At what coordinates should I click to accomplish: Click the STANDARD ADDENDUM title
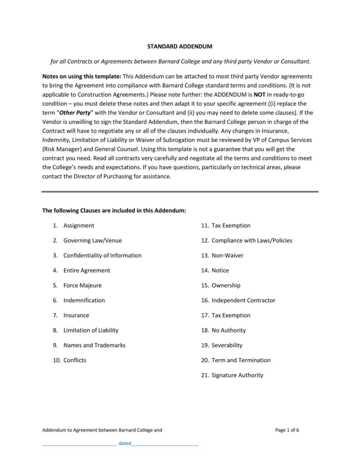pyautogui.click(x=180, y=47)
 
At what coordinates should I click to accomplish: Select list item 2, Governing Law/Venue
pyautogui.click(x=93, y=240)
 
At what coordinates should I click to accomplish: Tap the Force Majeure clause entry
pyautogui.click(x=82, y=285)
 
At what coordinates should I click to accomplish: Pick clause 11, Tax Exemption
pyautogui.click(x=231, y=225)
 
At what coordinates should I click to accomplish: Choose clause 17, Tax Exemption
pyautogui.click(x=231, y=315)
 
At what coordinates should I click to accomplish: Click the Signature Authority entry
pyautogui.click(x=237, y=375)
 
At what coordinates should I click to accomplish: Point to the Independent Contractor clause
pyautogui.click(x=243, y=300)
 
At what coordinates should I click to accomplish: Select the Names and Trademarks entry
pyautogui.click(x=94, y=345)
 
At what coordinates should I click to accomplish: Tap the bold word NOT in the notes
pyautogui.click(x=260, y=95)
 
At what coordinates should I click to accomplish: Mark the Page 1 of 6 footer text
pyautogui.click(x=288, y=430)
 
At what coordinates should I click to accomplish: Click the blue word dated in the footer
pyautogui.click(x=124, y=443)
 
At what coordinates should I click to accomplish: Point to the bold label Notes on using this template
pyautogui.click(x=82, y=77)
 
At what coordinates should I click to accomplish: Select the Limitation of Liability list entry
pyautogui.click(x=91, y=330)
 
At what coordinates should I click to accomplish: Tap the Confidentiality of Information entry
pyautogui.click(x=102, y=255)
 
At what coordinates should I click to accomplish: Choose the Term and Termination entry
pyautogui.click(x=241, y=360)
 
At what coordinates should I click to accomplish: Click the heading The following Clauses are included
pyautogui.click(x=114, y=211)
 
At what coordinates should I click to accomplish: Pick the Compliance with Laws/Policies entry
pyautogui.click(x=252, y=240)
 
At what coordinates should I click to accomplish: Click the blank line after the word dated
pyautogui.click(x=165, y=444)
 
